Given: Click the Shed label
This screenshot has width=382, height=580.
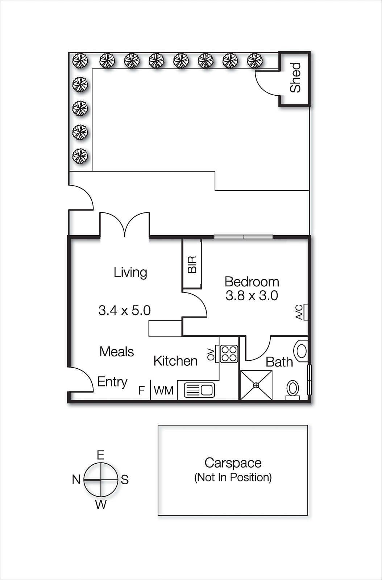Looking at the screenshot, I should point(296,77).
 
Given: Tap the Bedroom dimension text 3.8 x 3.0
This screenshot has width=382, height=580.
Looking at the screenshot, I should point(252,295).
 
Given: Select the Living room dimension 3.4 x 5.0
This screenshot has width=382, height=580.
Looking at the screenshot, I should point(124,310).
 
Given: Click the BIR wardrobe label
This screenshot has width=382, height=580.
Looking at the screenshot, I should point(192,264).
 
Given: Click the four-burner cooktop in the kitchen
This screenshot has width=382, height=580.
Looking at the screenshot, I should point(229,354).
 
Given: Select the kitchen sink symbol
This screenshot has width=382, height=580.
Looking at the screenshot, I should point(200,390).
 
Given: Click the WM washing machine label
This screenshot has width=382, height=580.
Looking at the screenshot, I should point(163,390).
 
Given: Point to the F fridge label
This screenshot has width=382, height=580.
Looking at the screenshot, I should point(142,390).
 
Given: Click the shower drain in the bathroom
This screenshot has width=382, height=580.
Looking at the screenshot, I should point(256,385).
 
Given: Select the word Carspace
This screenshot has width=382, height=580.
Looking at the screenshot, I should point(233,463).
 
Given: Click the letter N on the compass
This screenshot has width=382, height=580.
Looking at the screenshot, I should point(76,480).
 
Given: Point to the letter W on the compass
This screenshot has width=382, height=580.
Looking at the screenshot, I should point(101,504).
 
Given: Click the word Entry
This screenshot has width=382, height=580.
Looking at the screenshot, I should point(112,382).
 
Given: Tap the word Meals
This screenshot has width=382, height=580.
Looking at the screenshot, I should point(117,352).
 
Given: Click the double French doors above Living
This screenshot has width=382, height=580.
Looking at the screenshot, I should point(125,225).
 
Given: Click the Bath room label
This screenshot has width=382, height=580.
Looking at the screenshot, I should point(279,362).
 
